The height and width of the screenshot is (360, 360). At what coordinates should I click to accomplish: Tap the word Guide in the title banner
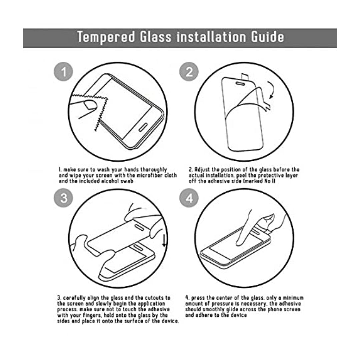point(267,37)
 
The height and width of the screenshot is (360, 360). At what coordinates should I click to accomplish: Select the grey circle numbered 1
point(63,72)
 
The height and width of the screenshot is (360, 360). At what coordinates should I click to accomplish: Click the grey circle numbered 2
point(189,72)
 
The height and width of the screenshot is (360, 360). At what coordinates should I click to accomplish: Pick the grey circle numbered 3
point(63,198)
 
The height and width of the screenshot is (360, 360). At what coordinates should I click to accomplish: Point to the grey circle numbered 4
point(189,198)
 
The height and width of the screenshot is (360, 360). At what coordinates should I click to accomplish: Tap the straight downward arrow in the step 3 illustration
point(164,241)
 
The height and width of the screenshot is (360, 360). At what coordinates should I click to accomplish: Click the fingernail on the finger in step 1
point(90,105)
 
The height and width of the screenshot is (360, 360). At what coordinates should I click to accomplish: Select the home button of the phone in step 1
point(143,128)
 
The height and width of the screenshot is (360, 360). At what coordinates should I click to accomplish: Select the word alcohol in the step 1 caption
point(101,181)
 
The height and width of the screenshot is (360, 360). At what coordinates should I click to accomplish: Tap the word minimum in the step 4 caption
point(293,298)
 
